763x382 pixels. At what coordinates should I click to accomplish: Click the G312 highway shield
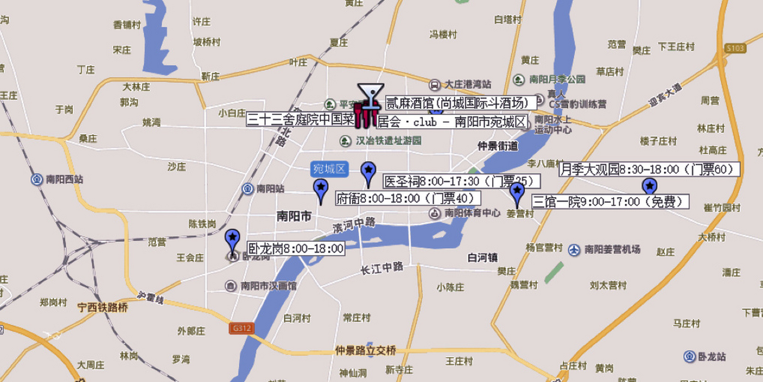tap(241, 328)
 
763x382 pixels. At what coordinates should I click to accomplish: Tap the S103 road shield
tap(735, 48)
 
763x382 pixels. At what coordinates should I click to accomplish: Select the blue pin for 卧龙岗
tap(232, 239)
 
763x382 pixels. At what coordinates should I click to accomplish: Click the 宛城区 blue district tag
tap(329, 169)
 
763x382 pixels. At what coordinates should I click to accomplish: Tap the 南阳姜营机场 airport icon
tap(574, 250)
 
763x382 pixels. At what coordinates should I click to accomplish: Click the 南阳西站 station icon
tap(37, 180)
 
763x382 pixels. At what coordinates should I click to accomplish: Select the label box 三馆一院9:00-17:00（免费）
tap(610, 202)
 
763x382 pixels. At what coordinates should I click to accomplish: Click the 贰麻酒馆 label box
tap(461, 103)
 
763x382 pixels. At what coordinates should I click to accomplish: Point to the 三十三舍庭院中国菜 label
tap(300, 119)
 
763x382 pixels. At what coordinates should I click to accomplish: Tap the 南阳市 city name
tap(294, 216)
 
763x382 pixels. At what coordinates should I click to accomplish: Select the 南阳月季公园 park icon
tap(519, 79)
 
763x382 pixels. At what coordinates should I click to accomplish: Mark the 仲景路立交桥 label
tap(365, 350)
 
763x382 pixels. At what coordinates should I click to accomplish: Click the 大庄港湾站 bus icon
tap(435, 85)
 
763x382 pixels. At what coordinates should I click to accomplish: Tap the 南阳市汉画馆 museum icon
tap(230, 286)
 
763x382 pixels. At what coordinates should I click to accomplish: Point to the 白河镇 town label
tap(483, 258)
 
